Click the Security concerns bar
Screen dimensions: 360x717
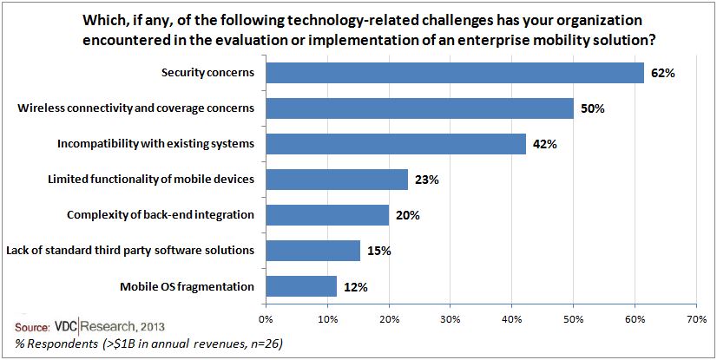pos(454,73)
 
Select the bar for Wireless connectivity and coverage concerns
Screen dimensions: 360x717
pos(419,108)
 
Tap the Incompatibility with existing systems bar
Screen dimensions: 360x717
pos(396,144)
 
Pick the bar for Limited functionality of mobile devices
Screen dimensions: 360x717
pos(337,180)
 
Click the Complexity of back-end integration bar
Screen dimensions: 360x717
pos(327,215)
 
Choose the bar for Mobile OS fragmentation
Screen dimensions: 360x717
pos(301,286)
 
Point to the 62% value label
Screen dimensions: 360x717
pos(661,73)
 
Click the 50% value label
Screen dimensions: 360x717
pos(592,108)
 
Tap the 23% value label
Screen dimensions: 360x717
pos(426,180)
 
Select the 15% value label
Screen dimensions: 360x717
pos(378,252)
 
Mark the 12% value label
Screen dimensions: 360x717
pos(355,287)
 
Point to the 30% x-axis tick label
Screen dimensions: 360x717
pos(451,318)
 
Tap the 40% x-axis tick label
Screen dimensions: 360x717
pos(512,318)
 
